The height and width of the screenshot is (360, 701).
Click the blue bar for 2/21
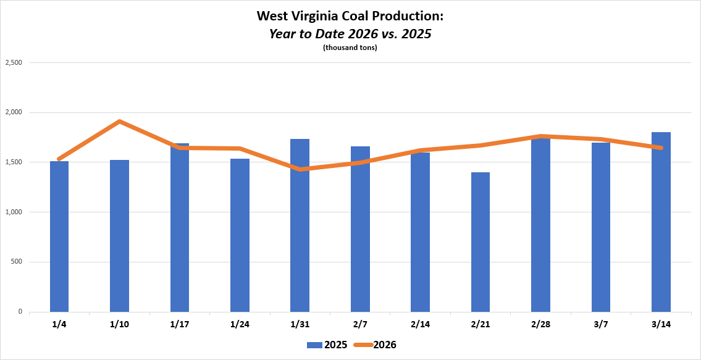[x=481, y=242]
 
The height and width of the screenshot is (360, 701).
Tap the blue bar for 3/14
[x=661, y=222]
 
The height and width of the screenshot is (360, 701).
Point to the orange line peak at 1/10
[x=119, y=121]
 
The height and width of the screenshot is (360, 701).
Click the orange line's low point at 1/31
[x=300, y=169]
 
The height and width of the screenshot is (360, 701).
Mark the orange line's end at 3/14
[x=661, y=148]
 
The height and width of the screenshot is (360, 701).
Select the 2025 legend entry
[x=327, y=345]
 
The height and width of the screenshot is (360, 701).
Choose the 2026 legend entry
[x=376, y=345]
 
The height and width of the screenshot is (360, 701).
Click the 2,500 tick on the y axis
[x=14, y=63]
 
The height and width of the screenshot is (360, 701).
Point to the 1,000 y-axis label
[x=14, y=212]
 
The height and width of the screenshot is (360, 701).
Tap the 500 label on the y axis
[x=17, y=262]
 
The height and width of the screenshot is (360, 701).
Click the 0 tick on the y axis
[x=20, y=312]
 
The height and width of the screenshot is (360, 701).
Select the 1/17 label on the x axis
[x=180, y=324]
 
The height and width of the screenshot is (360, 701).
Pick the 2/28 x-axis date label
[x=540, y=324]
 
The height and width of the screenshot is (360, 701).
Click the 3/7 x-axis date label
[x=601, y=324]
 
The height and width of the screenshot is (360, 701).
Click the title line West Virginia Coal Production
[x=350, y=16]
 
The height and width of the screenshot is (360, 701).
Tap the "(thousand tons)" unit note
[x=350, y=48]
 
